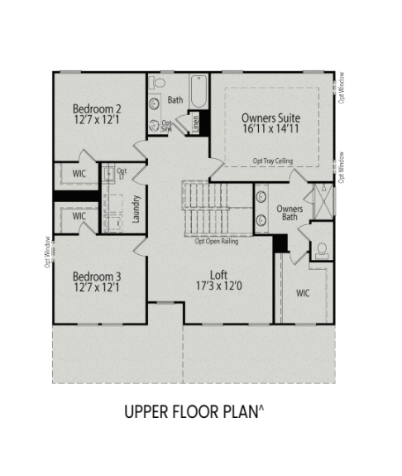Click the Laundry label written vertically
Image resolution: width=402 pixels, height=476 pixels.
pyautogui.click(x=136, y=209)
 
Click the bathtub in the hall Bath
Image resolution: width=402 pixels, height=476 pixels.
pyautogui.click(x=199, y=90)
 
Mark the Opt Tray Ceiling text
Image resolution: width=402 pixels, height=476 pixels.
pyautogui.click(x=272, y=161)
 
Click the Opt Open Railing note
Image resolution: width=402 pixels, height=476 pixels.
pyautogui.click(x=218, y=242)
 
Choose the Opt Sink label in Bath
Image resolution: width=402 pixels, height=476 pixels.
pyautogui.click(x=166, y=127)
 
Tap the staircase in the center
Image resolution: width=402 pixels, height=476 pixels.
pyautogui.click(x=204, y=209)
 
